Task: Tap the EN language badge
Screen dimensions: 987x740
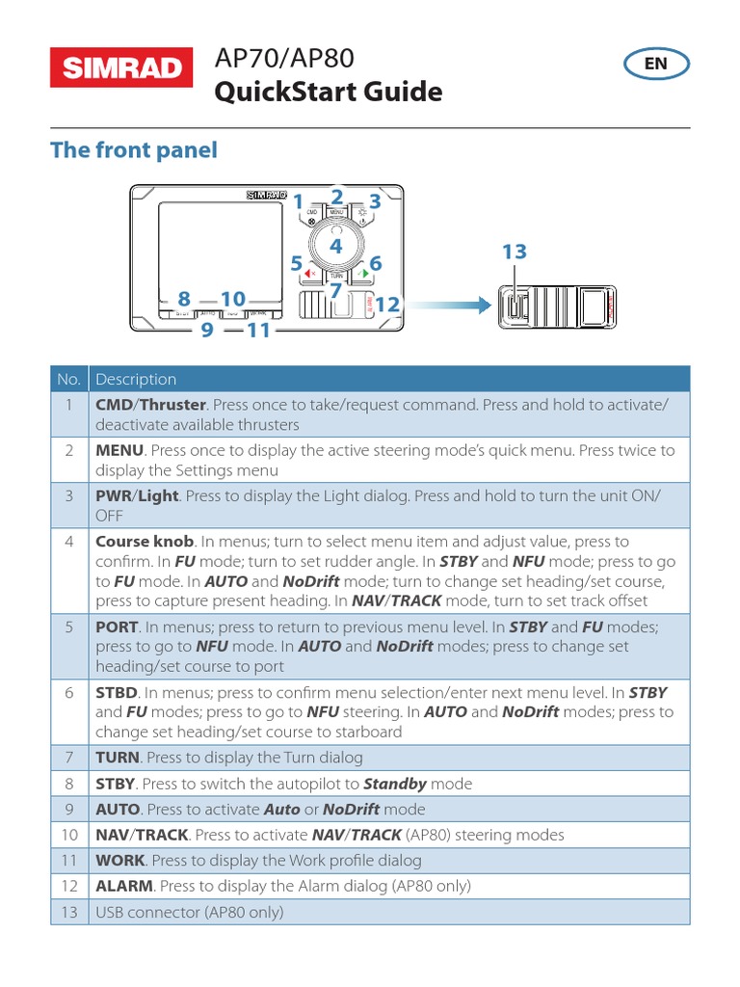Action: point(655,64)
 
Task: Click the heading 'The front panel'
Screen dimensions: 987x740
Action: point(134,150)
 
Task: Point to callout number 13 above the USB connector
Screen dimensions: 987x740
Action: point(514,253)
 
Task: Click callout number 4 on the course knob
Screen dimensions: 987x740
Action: point(335,247)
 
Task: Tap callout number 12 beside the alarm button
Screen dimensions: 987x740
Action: point(386,305)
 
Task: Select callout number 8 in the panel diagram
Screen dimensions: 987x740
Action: point(183,299)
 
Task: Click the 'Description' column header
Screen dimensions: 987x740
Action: point(136,379)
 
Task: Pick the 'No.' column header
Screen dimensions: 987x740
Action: point(68,379)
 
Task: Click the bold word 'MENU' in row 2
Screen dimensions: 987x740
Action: point(119,450)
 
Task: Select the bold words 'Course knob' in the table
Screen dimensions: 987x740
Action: point(145,542)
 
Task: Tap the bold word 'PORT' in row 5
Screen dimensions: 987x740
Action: point(117,627)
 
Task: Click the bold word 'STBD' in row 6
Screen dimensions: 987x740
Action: point(118,692)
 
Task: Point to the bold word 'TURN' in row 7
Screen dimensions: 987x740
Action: point(118,758)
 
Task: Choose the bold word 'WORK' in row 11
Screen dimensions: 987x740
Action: point(119,860)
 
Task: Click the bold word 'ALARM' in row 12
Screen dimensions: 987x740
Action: point(124,885)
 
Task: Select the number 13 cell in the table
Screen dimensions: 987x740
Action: point(68,911)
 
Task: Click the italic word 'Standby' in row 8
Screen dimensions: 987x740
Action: point(395,784)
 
